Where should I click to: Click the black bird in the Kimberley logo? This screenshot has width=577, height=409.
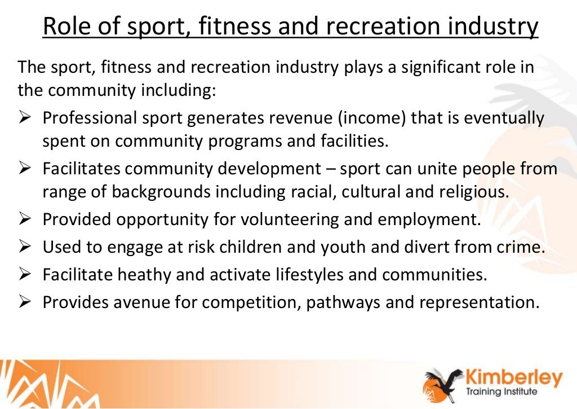click(x=445, y=380)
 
